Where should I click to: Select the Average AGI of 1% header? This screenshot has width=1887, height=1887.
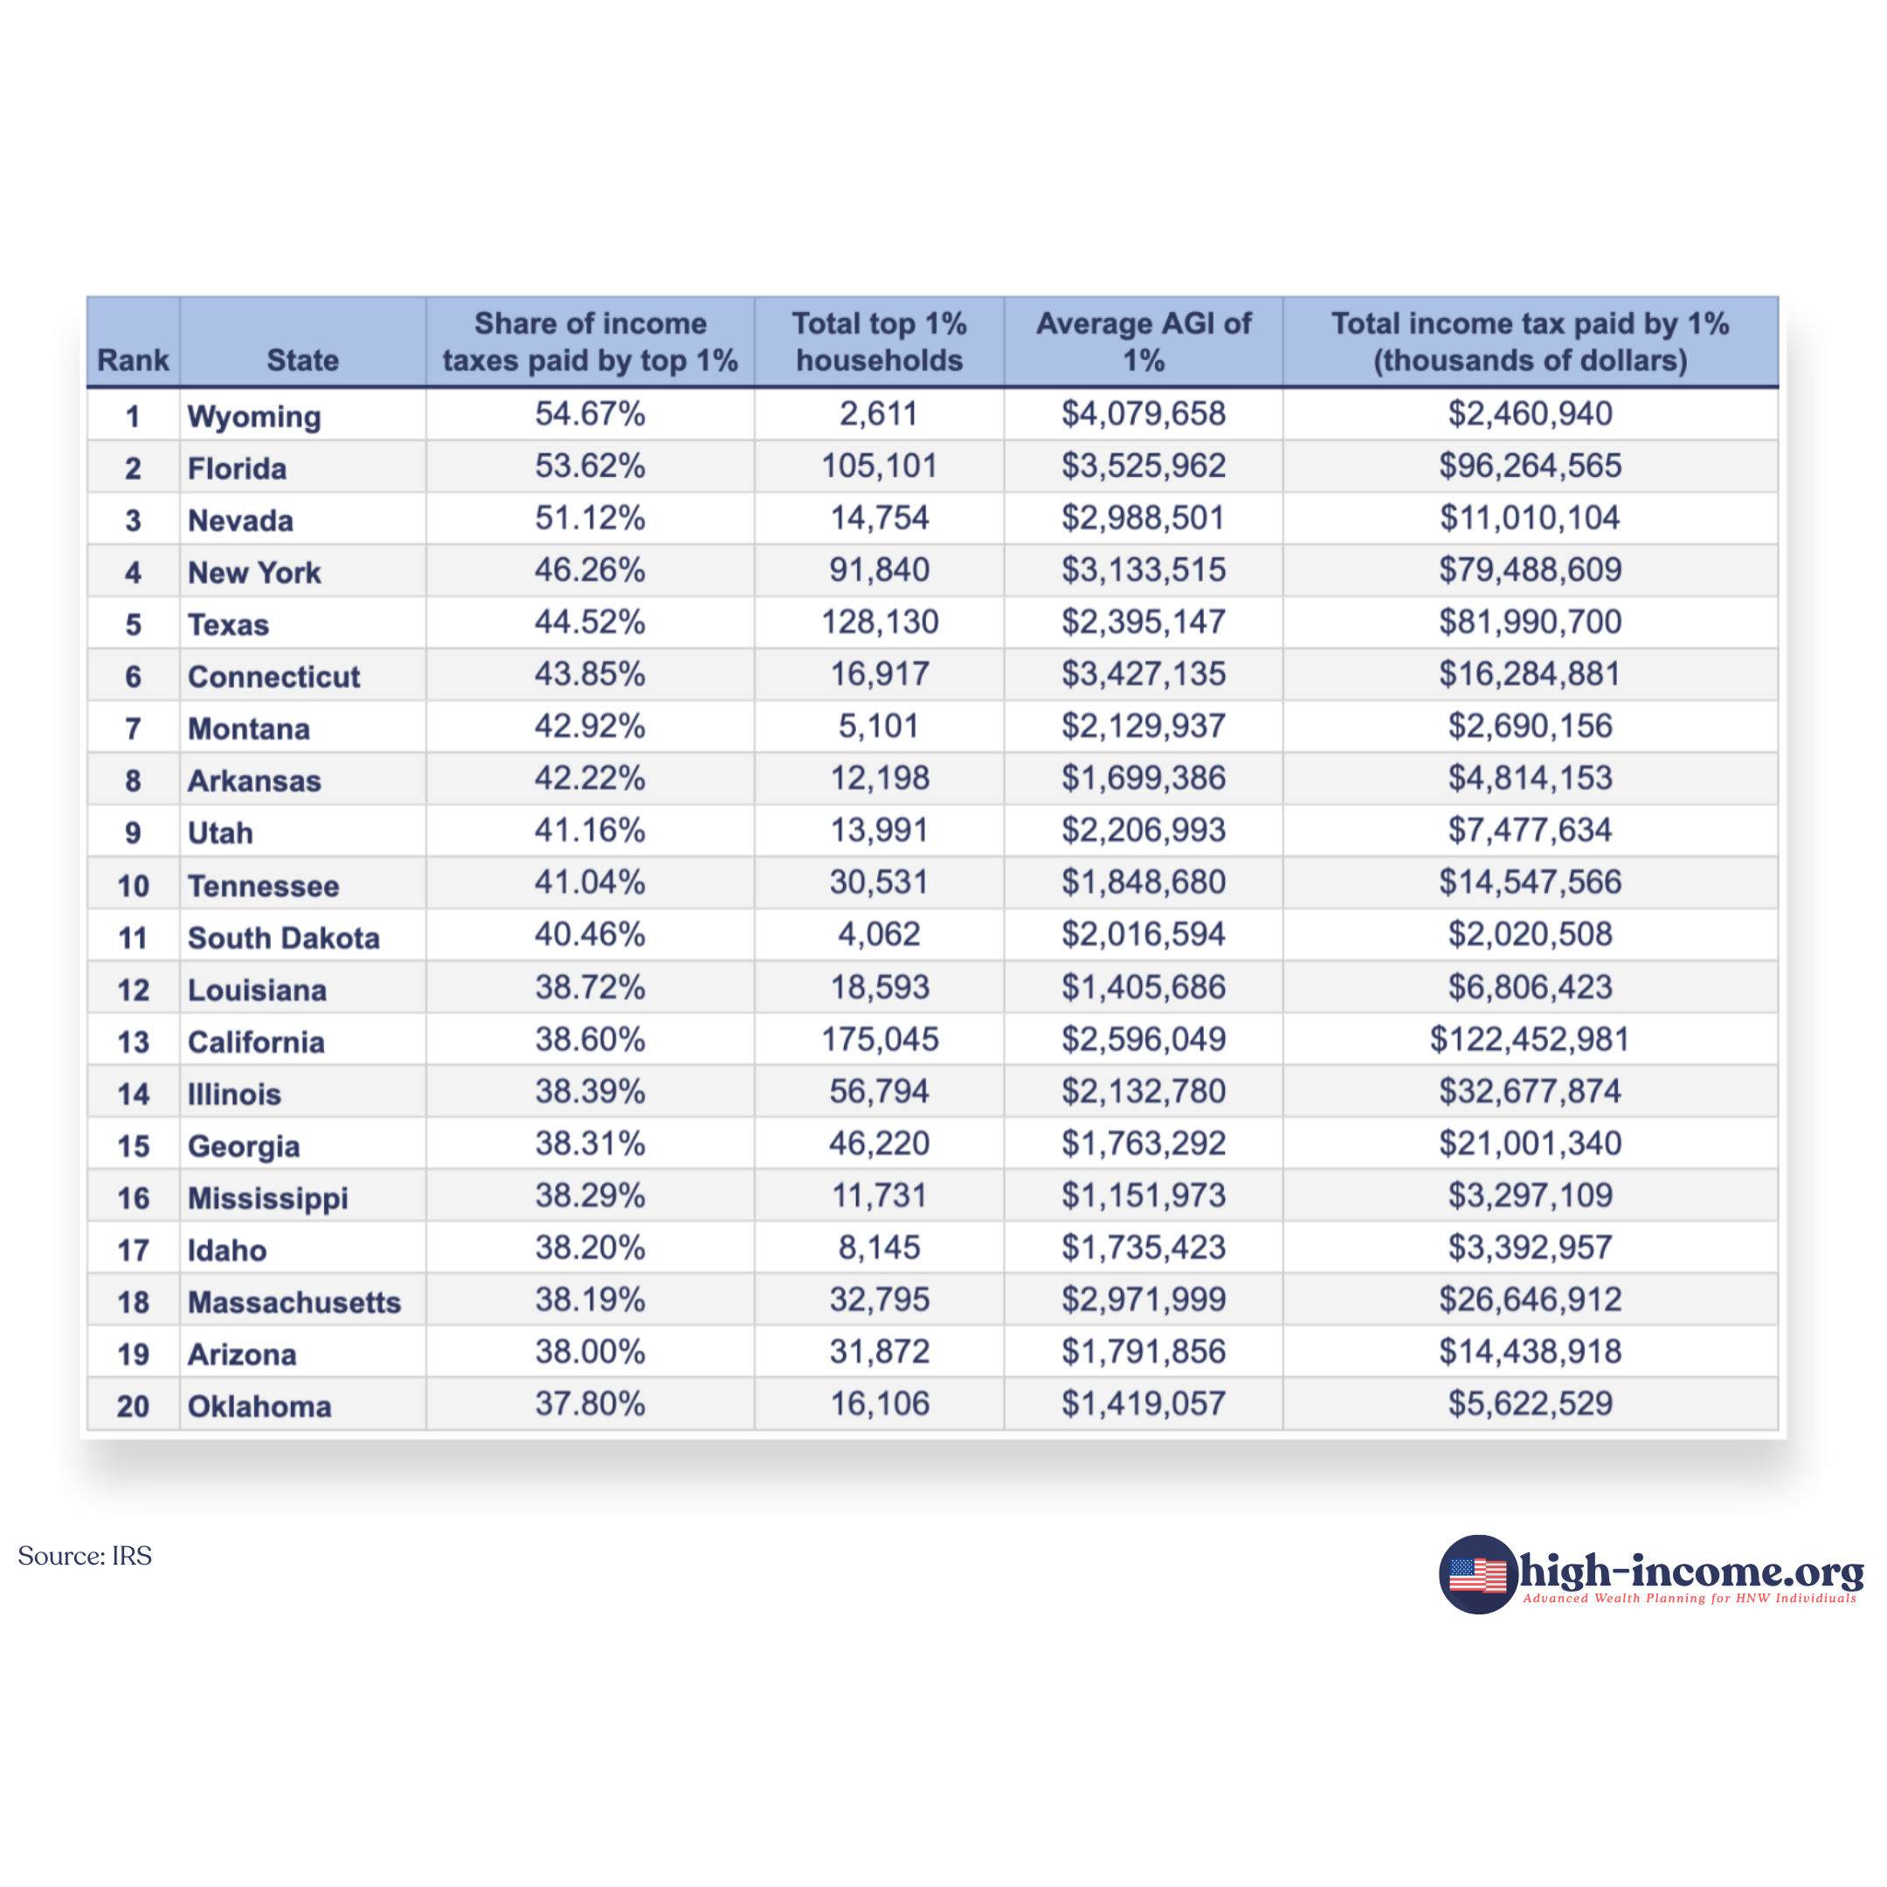(x=1143, y=342)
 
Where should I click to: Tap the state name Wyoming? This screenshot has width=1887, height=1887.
(x=254, y=416)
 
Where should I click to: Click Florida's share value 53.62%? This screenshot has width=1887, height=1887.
(x=590, y=466)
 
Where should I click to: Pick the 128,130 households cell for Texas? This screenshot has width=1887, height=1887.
(x=879, y=622)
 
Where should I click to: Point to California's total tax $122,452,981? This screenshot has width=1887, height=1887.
(x=1530, y=1040)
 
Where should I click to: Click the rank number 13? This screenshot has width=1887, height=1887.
(x=133, y=1042)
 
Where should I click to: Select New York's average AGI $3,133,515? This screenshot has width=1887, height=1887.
(x=1143, y=570)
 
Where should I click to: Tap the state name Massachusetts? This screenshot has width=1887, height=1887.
(x=294, y=1302)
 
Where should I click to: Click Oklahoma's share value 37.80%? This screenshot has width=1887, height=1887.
(x=590, y=1404)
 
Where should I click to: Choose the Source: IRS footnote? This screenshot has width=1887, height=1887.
(x=85, y=1556)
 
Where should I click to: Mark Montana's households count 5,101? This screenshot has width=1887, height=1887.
(x=879, y=727)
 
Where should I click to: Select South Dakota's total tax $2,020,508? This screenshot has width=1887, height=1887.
(x=1530, y=935)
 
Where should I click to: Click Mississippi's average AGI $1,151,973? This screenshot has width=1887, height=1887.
(x=1143, y=1195)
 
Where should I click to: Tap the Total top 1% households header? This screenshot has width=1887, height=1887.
(x=879, y=342)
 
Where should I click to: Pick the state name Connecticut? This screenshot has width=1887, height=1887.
(x=273, y=677)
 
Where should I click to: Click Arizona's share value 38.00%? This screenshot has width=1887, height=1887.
(x=590, y=1351)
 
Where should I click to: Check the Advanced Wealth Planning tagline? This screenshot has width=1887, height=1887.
(x=1690, y=1599)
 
